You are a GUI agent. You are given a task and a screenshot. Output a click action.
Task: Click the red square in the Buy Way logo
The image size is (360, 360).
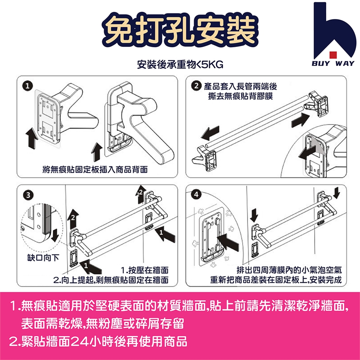click(333, 55)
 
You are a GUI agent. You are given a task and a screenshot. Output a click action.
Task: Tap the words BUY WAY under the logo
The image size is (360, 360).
click(333, 63)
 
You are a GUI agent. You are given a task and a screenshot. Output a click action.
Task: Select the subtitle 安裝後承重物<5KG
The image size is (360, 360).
click(180, 64)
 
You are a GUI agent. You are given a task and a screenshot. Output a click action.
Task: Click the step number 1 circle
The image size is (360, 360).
click(27, 86)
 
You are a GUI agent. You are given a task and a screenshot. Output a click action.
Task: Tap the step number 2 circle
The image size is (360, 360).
click(196, 86)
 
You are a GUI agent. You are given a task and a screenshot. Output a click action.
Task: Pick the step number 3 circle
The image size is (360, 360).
click(28, 195)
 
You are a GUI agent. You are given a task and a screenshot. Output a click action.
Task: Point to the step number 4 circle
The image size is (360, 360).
click(196, 195)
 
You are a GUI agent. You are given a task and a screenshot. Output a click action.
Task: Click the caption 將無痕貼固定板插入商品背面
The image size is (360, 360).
click(95, 169)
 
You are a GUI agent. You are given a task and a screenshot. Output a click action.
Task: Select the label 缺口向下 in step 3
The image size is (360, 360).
click(43, 258)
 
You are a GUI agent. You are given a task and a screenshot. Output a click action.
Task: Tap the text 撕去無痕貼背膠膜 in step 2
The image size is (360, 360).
click(240, 96)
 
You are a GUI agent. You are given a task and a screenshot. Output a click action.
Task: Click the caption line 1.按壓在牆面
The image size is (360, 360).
click(145, 270)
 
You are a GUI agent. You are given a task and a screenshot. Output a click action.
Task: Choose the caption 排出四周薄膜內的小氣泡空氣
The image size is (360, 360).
click(289, 270)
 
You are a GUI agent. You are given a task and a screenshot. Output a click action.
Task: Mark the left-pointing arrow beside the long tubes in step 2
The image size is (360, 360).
click(210, 133)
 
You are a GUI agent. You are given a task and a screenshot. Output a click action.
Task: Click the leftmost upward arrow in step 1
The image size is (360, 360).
click(32, 139)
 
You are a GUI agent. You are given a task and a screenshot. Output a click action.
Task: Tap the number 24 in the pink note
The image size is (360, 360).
click(79, 341)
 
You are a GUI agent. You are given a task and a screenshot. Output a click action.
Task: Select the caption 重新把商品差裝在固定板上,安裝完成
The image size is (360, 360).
click(276, 280)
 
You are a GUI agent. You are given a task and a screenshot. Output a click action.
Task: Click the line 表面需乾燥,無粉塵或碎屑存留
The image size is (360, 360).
click(103, 324)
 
